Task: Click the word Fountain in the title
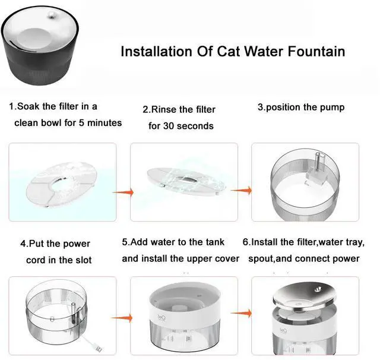click(x=316, y=52)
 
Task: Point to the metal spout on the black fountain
click(x=51, y=16)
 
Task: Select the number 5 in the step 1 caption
click(x=81, y=123)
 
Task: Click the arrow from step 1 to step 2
click(x=123, y=192)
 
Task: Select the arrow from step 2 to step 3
click(x=242, y=191)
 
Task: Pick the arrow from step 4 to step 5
click(x=122, y=318)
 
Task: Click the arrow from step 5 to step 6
click(x=242, y=314)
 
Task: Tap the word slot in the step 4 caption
click(x=84, y=260)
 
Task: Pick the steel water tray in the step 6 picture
click(x=305, y=297)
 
